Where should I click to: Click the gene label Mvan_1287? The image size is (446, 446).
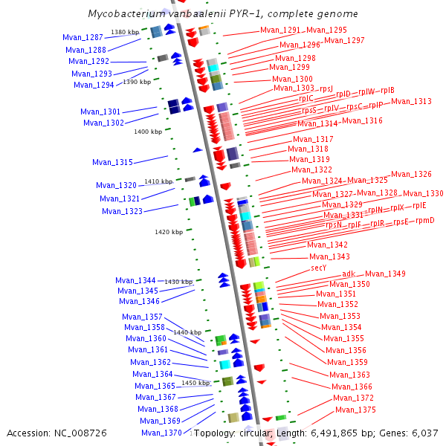(83, 37)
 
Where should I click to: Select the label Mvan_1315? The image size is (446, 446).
(112, 162)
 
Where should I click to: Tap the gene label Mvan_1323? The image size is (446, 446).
(122, 211)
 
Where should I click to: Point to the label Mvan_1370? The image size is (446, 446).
(161, 433)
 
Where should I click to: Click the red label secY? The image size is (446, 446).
(318, 268)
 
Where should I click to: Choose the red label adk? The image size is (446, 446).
(349, 274)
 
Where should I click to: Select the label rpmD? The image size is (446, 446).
(424, 220)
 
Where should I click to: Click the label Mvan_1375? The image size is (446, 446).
(355, 410)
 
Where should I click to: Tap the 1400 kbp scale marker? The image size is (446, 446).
(147, 132)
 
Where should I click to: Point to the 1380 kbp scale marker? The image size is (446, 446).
(124, 32)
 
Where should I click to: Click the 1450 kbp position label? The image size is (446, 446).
(196, 383)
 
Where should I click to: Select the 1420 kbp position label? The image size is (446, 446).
(168, 232)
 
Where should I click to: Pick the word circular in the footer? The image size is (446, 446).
(256, 433)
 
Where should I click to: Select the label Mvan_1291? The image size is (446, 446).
(280, 30)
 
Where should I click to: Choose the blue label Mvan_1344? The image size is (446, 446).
(135, 280)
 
